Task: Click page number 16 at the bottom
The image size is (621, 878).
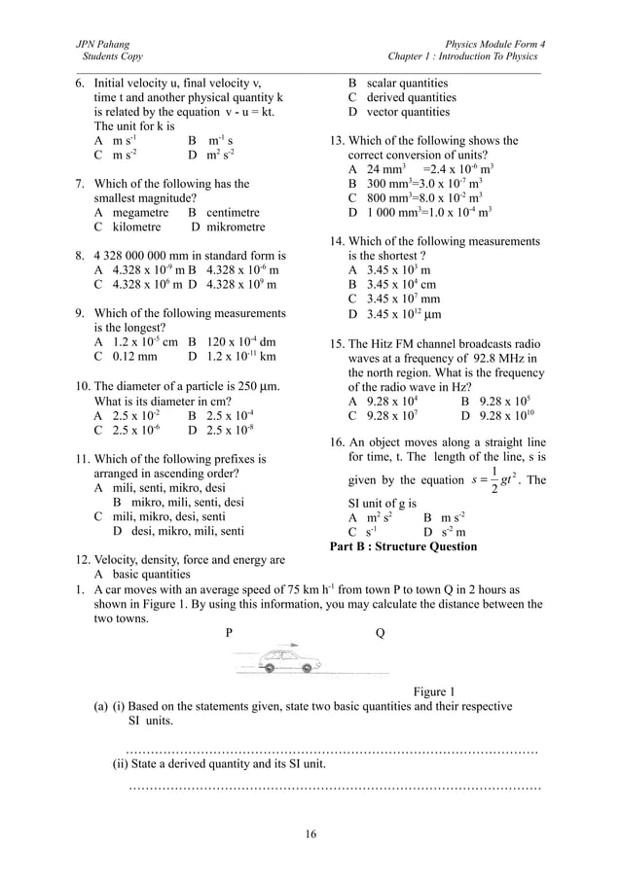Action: [x=310, y=834]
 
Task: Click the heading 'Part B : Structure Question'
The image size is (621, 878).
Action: [x=405, y=546]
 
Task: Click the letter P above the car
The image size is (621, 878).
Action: [x=229, y=631]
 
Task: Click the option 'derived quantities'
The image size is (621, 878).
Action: [x=410, y=97]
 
